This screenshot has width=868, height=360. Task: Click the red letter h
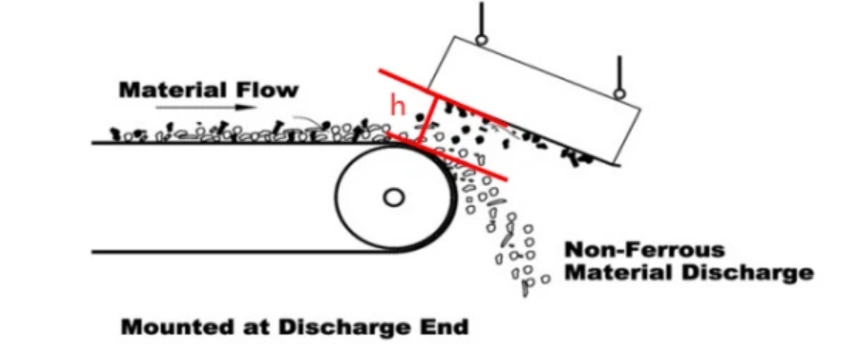click(x=398, y=105)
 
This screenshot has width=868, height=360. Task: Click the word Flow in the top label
click(x=273, y=90)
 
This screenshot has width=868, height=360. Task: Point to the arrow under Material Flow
click(x=205, y=108)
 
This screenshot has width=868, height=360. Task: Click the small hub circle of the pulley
click(x=394, y=197)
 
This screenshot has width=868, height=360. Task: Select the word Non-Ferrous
click(x=644, y=249)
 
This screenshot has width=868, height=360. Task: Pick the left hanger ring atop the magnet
click(x=482, y=40)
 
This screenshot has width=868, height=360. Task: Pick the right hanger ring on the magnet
click(x=620, y=94)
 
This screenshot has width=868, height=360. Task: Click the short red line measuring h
click(x=427, y=120)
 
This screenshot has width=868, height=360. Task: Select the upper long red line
click(x=444, y=96)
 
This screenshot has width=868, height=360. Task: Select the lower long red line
click(x=447, y=156)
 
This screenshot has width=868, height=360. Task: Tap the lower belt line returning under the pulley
click(x=244, y=252)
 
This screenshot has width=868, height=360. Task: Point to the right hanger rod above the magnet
click(x=620, y=73)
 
